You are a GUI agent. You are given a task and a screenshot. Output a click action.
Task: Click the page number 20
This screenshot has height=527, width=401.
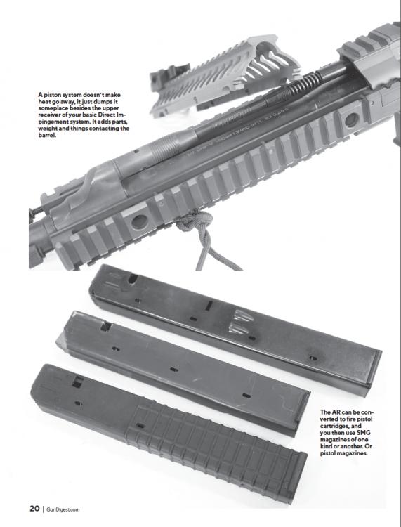[34, 509]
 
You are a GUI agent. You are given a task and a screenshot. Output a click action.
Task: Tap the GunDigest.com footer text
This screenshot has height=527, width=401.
[63, 509]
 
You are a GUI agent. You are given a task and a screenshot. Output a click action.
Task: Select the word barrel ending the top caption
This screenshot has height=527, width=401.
[47, 136]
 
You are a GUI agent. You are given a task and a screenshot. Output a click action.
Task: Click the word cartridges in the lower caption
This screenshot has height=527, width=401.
[335, 427]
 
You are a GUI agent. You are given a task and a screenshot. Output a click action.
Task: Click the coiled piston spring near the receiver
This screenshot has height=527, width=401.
[305, 84]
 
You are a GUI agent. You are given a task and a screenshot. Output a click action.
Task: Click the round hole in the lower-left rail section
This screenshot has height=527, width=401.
[139, 222]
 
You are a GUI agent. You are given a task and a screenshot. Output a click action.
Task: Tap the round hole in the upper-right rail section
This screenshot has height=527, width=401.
[352, 120]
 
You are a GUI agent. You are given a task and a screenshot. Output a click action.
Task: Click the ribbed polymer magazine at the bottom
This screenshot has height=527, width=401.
[168, 434]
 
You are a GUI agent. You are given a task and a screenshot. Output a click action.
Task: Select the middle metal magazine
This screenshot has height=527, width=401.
[183, 374]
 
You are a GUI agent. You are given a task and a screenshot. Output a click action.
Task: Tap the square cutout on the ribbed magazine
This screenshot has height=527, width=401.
[77, 382]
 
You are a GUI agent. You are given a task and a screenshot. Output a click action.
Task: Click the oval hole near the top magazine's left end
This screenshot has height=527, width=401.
[133, 279]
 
